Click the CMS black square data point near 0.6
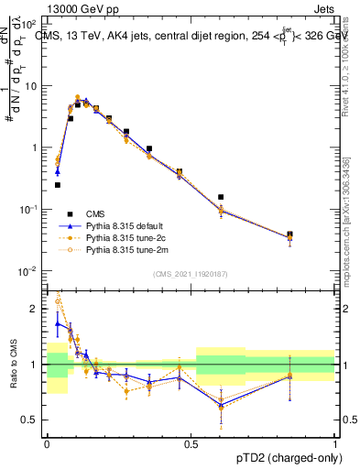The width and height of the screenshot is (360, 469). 221,197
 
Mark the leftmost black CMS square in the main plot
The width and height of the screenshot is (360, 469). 58,185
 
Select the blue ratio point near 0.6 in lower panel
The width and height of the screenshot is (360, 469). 221,405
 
